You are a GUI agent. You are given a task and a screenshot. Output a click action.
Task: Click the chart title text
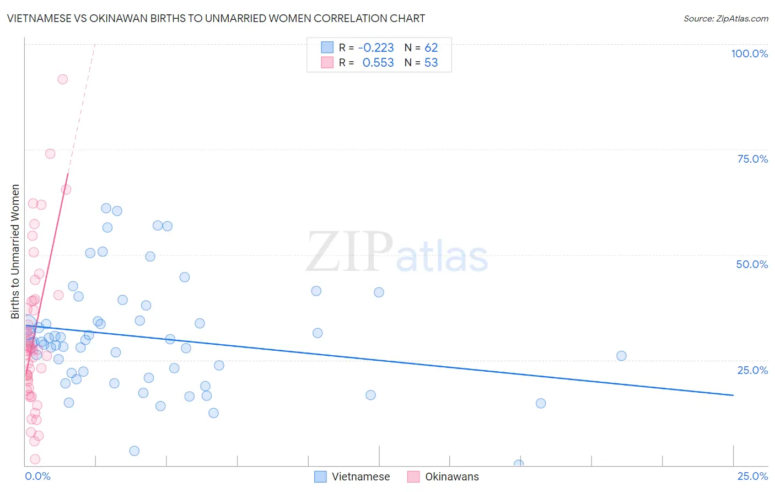click(x=216, y=18)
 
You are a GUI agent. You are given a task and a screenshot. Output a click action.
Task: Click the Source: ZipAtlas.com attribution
click(x=725, y=18)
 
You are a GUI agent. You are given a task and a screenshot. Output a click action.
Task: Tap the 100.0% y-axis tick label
click(x=749, y=54)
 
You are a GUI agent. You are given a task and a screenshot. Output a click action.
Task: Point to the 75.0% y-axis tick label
click(x=752, y=159)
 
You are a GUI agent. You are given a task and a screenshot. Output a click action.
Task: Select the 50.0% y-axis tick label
click(x=752, y=264)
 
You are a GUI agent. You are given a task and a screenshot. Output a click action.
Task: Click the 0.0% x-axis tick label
click(x=37, y=476)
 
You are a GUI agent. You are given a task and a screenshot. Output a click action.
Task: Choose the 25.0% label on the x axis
click(x=752, y=476)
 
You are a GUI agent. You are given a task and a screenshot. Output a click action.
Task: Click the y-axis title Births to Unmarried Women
click(x=15, y=252)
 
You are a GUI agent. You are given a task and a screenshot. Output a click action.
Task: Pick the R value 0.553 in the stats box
click(x=378, y=63)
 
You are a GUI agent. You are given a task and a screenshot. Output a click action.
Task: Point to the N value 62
click(x=431, y=48)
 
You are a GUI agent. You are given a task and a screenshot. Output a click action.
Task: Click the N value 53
click(x=431, y=63)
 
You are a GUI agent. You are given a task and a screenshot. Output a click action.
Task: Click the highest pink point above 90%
click(x=63, y=79)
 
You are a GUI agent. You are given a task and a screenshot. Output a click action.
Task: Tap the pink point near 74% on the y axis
click(x=50, y=154)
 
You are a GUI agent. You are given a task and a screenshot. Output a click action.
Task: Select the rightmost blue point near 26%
click(x=621, y=356)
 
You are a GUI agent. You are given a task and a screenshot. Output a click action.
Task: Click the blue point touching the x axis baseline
click(x=519, y=464)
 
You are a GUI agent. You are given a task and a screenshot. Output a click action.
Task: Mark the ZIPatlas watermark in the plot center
click(x=397, y=253)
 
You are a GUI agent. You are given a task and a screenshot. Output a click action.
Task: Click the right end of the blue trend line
click(x=733, y=395)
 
